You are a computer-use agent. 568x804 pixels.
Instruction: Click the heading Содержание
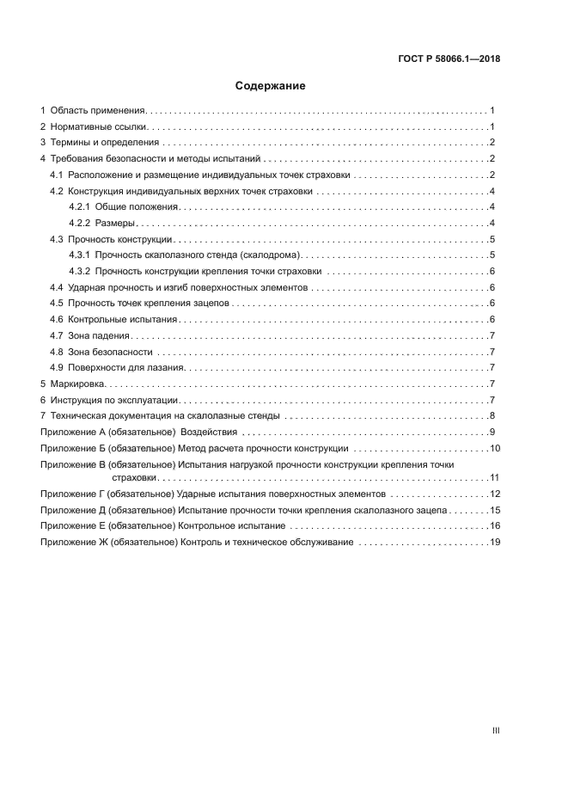click(x=271, y=86)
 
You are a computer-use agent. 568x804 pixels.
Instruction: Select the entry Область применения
click(x=98, y=111)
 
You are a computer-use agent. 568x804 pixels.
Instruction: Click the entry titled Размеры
click(x=114, y=224)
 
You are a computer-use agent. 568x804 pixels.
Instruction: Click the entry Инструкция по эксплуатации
click(x=113, y=400)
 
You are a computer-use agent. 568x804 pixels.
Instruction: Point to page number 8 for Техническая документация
click(x=492, y=416)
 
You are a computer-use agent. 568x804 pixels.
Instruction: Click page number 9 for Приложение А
click(x=492, y=432)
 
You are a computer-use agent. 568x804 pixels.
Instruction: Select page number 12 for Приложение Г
click(x=494, y=494)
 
